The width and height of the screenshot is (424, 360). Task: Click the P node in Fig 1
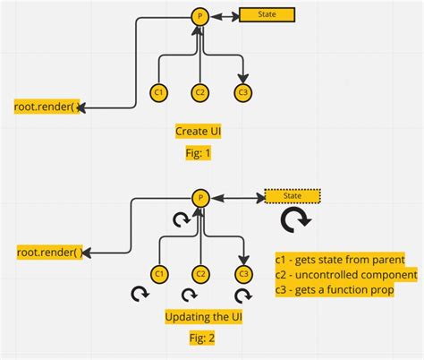point(201,16)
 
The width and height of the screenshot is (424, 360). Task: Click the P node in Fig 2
point(201,196)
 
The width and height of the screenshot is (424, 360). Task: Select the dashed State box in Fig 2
point(293,196)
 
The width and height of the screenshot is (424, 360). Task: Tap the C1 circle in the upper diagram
point(158,91)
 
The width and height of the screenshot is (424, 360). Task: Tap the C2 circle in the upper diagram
point(200,91)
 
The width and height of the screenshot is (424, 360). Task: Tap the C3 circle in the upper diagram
point(242,91)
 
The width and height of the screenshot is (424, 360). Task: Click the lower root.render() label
point(48,252)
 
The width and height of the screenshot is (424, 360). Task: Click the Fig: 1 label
point(197,152)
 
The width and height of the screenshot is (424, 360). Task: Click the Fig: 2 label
point(200,339)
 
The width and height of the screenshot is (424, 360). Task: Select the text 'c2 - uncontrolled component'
point(346,274)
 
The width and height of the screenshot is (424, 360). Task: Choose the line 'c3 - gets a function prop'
point(335,290)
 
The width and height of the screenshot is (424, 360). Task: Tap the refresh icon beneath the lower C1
point(140,294)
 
